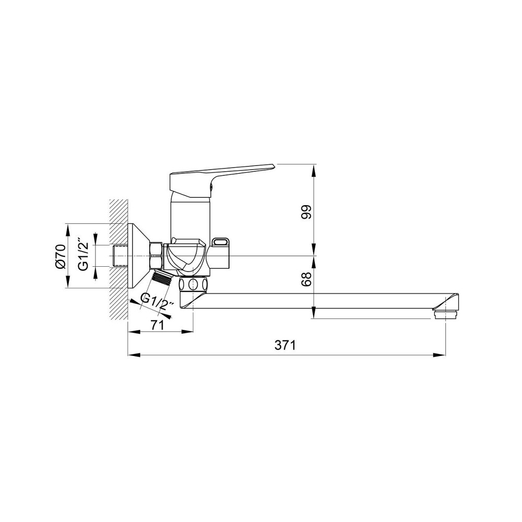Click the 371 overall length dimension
(x=285, y=345)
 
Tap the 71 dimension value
(x=158, y=325)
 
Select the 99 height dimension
(x=306, y=212)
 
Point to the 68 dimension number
(x=306, y=279)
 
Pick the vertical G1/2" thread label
(x=84, y=254)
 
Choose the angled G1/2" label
(x=158, y=301)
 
